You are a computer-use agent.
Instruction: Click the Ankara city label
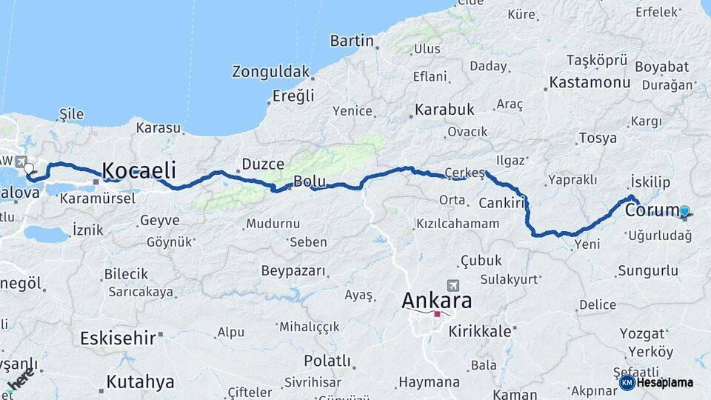click(x=436, y=301)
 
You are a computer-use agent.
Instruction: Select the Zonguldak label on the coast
click(x=270, y=72)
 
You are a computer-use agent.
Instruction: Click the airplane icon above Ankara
click(x=453, y=285)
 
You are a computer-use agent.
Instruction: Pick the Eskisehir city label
click(x=118, y=339)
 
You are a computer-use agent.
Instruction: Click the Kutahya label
click(x=140, y=382)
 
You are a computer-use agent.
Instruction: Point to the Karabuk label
click(x=444, y=110)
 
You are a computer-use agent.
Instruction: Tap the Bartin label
click(x=352, y=41)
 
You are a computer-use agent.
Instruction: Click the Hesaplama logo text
click(x=665, y=382)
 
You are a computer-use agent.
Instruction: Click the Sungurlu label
click(x=648, y=270)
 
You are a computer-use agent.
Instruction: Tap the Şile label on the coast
click(x=71, y=114)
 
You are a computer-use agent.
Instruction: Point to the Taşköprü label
click(x=596, y=59)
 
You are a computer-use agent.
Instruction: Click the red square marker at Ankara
click(x=437, y=314)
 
